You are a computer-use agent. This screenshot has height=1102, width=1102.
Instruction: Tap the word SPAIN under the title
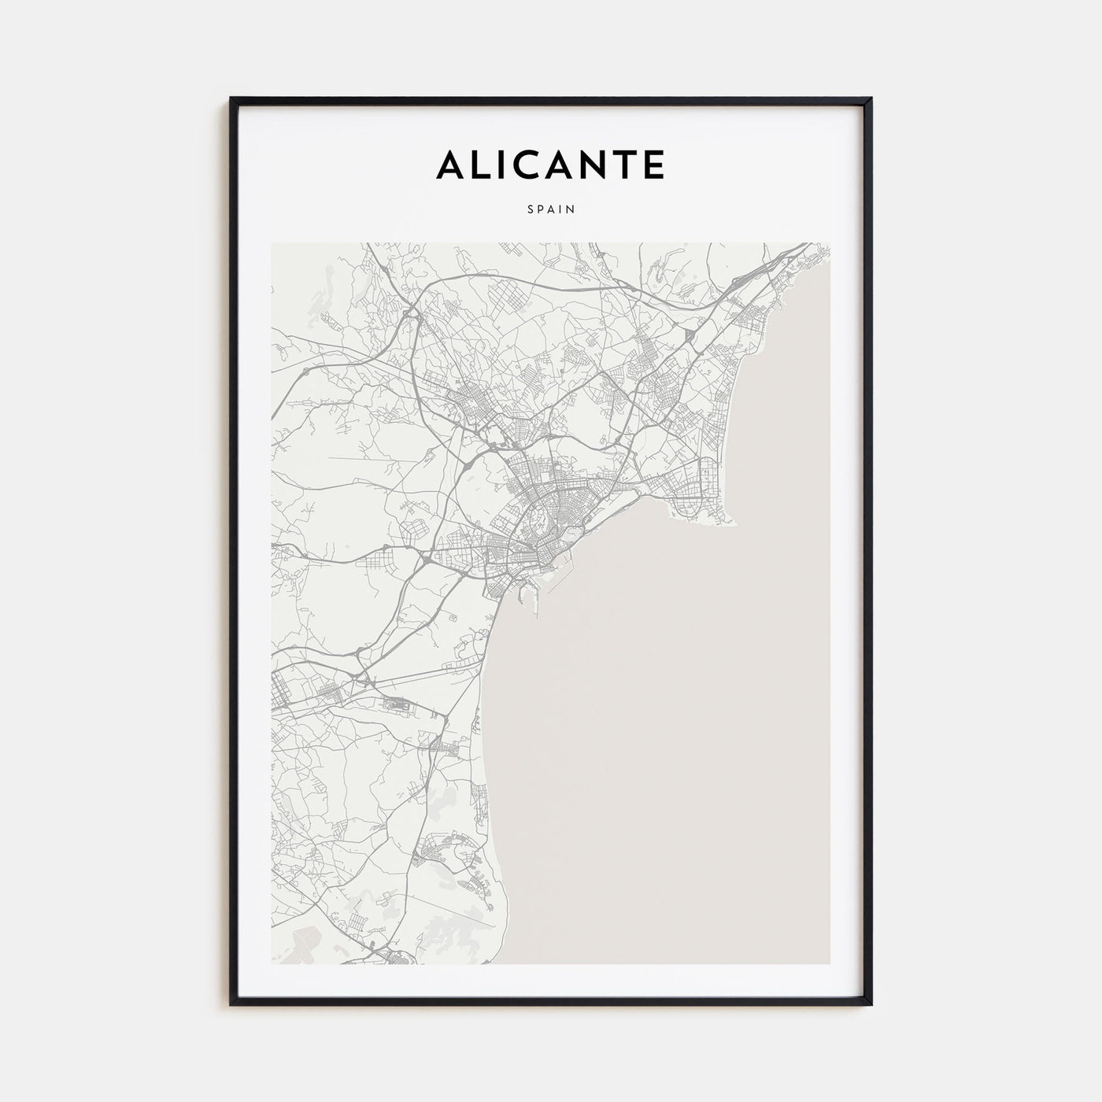click(x=551, y=209)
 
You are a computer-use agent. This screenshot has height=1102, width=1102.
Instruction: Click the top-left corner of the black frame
click(x=231, y=99)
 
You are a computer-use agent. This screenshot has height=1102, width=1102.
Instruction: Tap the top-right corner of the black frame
click(x=871, y=99)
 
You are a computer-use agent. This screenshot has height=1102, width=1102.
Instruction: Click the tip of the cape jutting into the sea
click(x=738, y=524)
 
